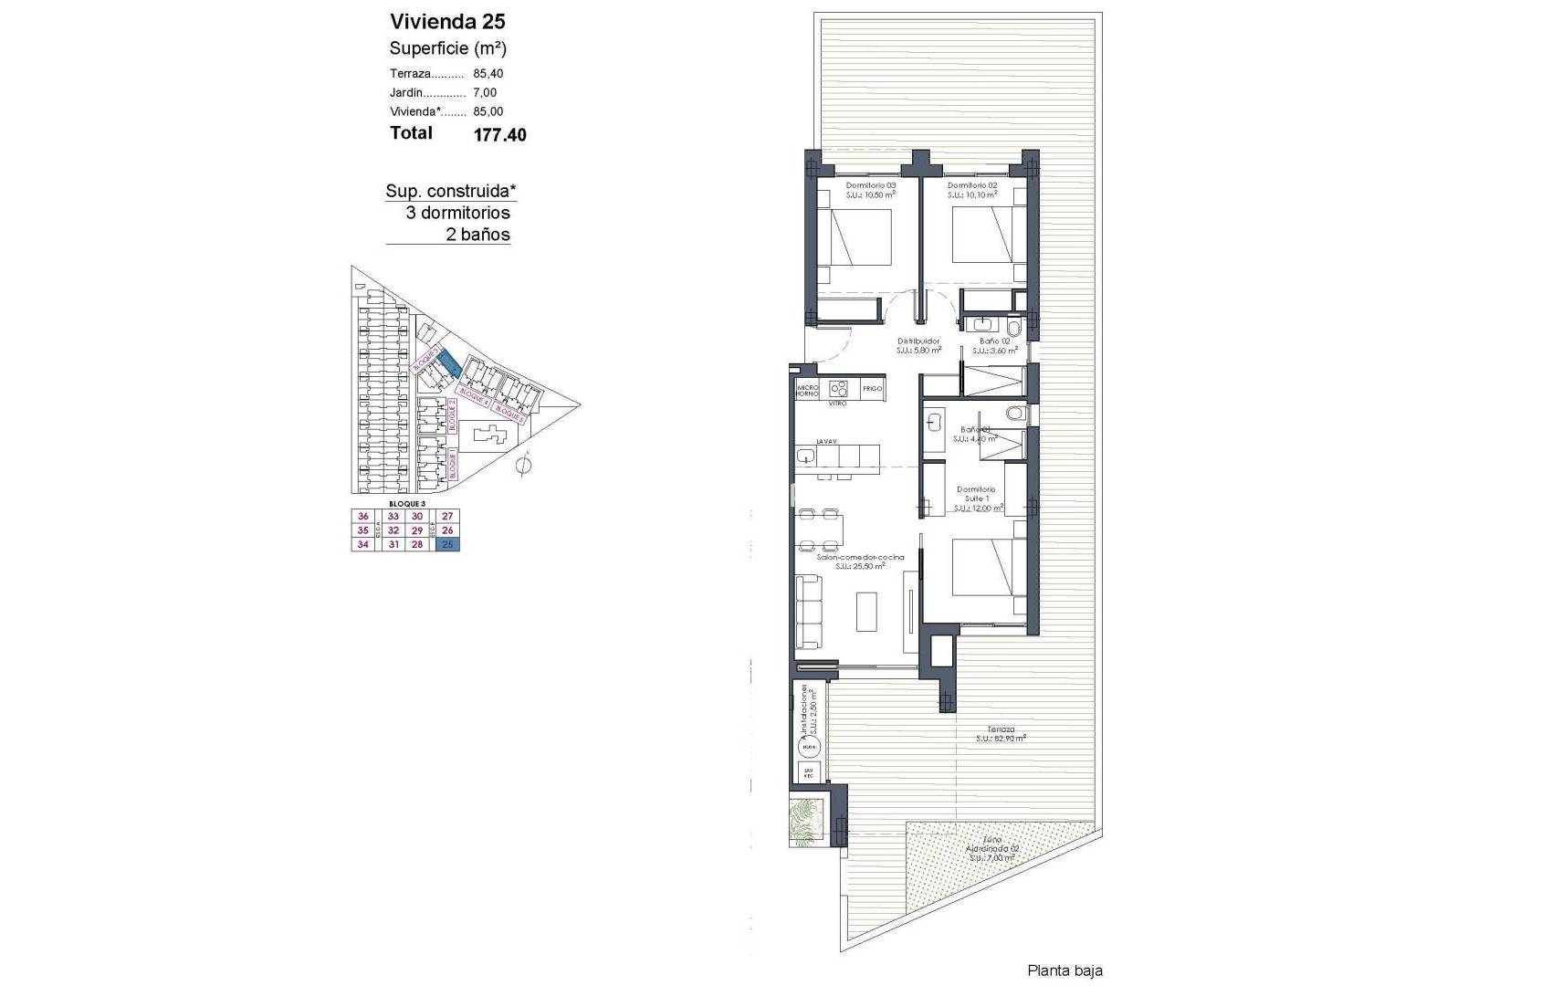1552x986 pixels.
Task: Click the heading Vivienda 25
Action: pos(447,21)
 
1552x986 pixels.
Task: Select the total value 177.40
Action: pos(499,135)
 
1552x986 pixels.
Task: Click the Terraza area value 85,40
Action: pos(488,74)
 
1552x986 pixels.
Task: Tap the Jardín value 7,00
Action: pos(485,93)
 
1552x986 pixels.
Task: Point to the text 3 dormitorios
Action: pos(457,213)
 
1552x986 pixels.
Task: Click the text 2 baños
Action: pos(478,235)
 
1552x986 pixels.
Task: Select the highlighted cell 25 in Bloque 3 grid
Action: pos(447,545)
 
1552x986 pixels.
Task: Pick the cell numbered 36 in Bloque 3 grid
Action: pos(363,517)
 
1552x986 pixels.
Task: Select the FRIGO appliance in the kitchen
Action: pos(872,389)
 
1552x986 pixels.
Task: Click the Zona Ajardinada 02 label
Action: pos(992,848)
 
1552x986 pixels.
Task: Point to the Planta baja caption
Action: pos(1064,970)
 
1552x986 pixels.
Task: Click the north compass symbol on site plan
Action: pos(523,467)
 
